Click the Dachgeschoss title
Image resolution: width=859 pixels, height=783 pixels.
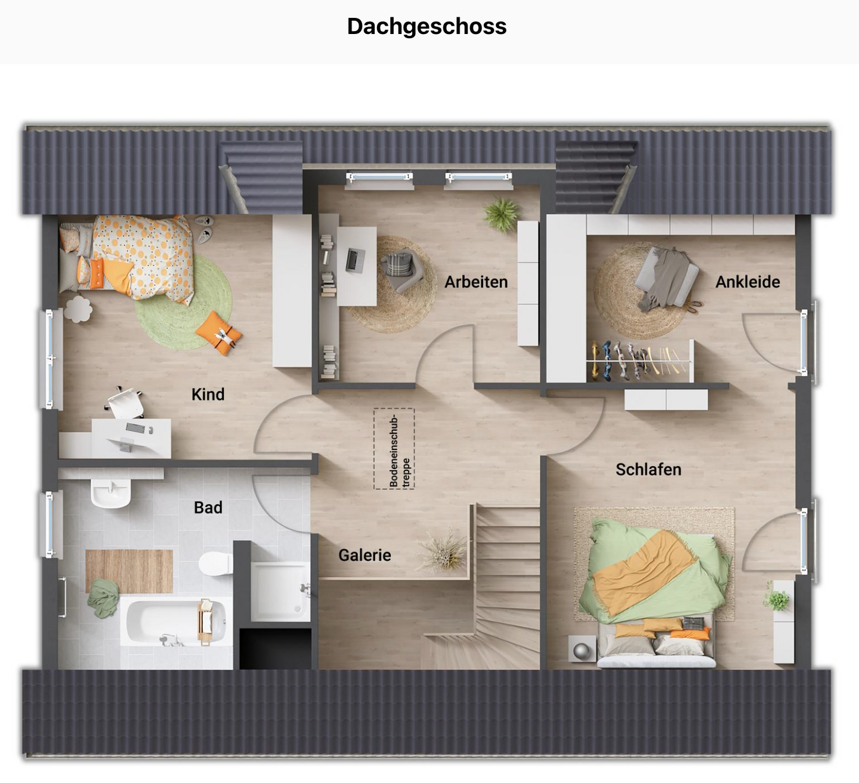[x=427, y=27]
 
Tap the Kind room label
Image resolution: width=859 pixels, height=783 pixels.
[x=208, y=394]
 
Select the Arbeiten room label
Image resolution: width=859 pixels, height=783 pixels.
[x=475, y=282]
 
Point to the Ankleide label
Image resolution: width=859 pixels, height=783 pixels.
[x=747, y=282]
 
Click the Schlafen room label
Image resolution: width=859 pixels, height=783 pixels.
[x=648, y=470]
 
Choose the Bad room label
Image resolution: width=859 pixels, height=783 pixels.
[x=208, y=507]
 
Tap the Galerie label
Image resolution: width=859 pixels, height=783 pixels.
[x=364, y=555]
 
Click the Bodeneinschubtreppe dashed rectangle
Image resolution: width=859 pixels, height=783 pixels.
[x=394, y=449]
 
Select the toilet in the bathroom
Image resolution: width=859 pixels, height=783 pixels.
[x=214, y=563]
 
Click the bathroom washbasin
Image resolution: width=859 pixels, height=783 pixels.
[x=110, y=493]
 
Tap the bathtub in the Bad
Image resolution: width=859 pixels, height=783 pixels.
[x=175, y=622]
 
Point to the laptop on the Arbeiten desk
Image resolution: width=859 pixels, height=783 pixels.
[x=355, y=260]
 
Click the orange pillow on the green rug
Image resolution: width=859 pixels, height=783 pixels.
[x=218, y=332]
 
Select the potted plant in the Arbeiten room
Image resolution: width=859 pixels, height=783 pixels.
[x=501, y=214]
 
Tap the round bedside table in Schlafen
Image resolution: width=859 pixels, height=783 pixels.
[x=582, y=648]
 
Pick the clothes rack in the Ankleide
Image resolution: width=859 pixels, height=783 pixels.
[x=638, y=361]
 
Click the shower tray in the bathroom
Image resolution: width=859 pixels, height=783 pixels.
[x=279, y=591]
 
